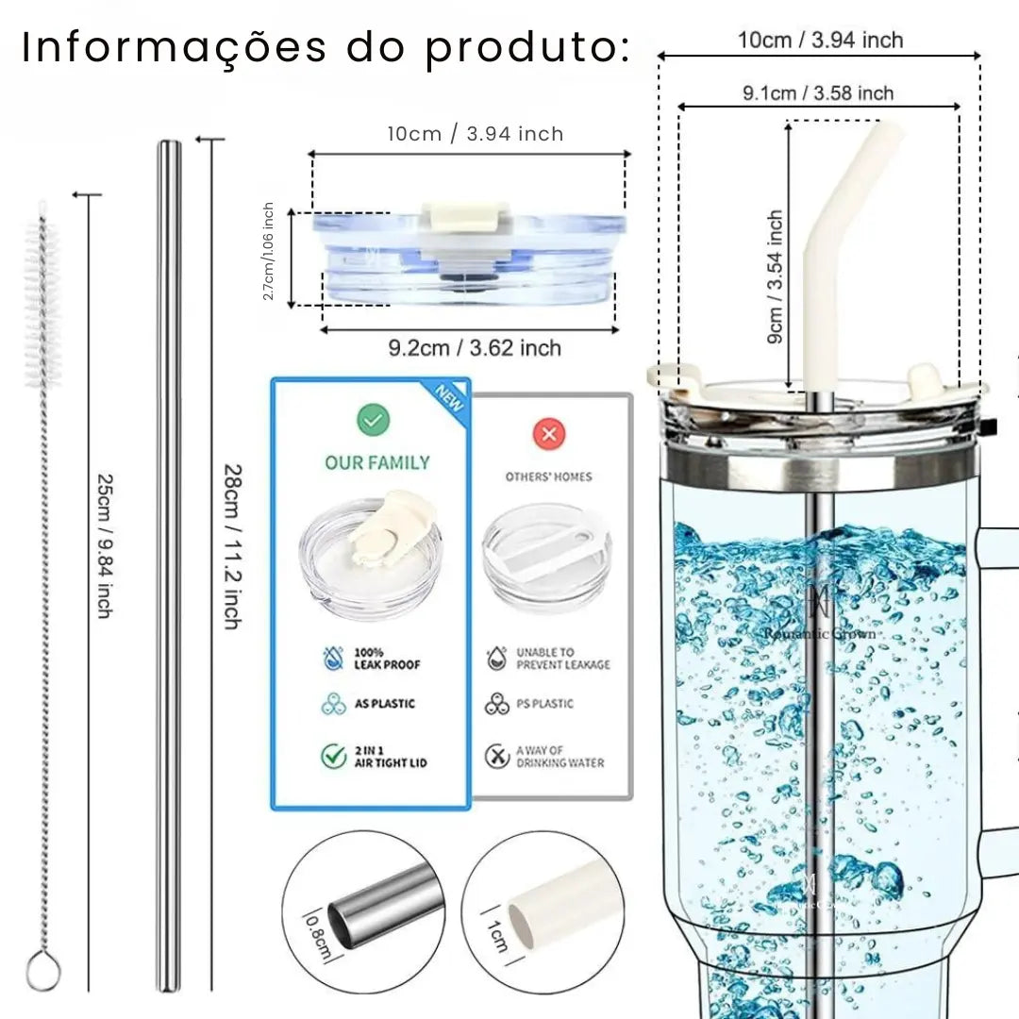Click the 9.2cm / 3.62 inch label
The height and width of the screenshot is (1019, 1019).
(x=475, y=348)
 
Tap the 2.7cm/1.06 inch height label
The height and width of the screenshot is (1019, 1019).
(x=269, y=252)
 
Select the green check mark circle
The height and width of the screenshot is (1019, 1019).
(x=374, y=420)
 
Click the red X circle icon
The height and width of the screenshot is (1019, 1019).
(x=548, y=434)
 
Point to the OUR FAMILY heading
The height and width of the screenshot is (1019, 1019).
(x=377, y=462)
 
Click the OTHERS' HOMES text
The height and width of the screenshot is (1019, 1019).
(x=548, y=476)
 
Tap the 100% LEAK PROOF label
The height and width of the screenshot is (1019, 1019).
(x=387, y=659)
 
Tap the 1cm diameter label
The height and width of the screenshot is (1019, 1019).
(x=498, y=936)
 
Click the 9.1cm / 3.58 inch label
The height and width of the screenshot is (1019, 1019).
(x=817, y=92)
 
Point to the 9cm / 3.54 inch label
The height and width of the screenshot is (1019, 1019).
(x=775, y=276)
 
